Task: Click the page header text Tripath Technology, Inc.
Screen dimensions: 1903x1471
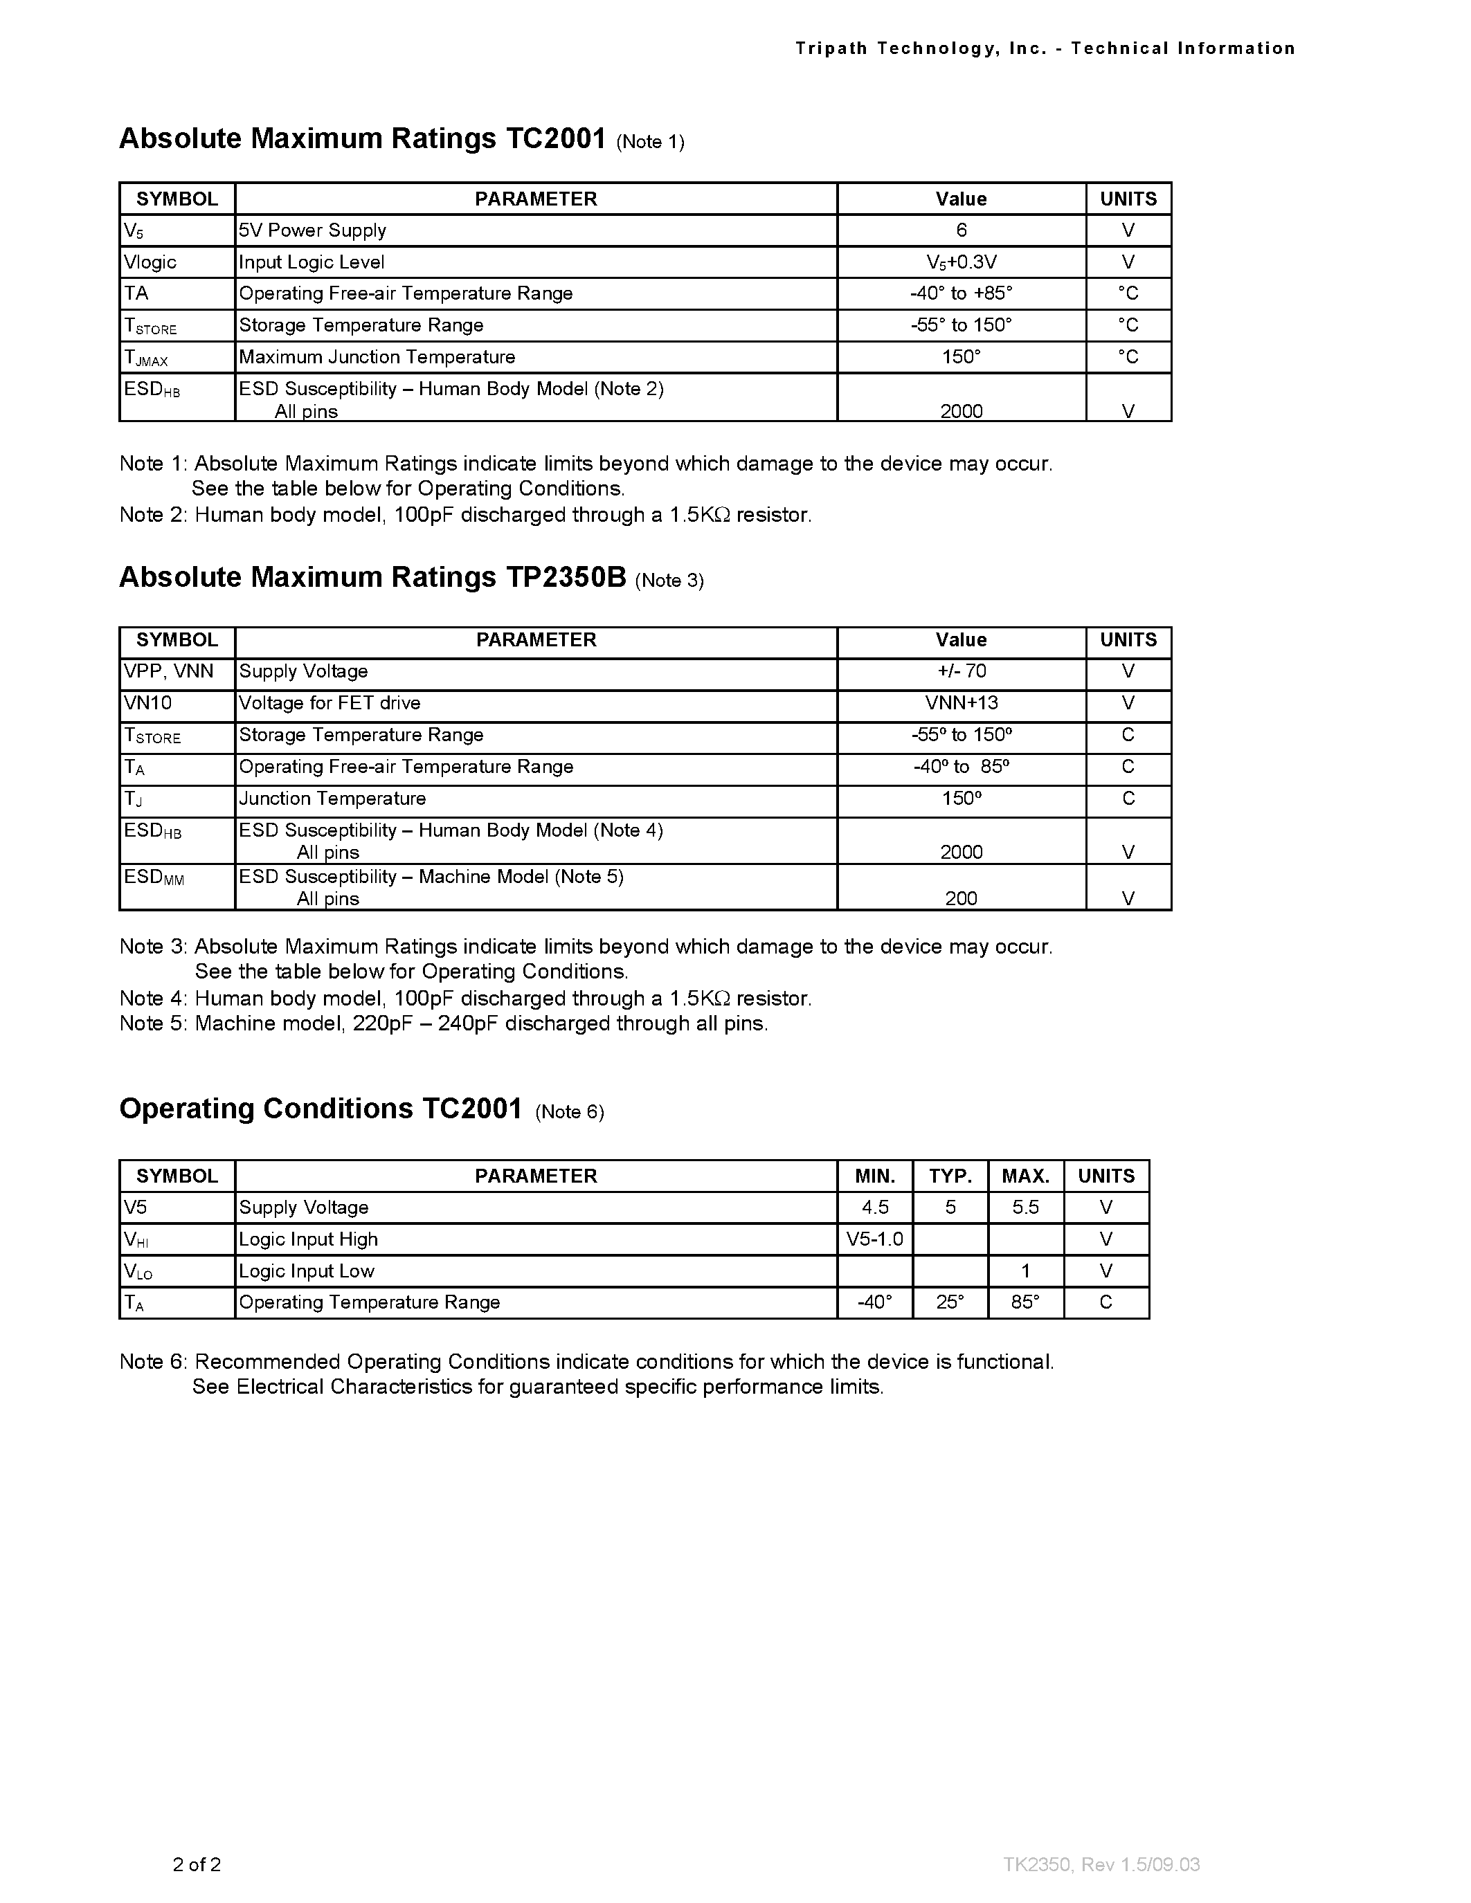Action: click(x=920, y=49)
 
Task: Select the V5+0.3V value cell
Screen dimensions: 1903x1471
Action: click(x=962, y=262)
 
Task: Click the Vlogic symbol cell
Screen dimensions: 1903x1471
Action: click(x=151, y=262)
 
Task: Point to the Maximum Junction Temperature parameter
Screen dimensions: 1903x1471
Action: click(x=377, y=357)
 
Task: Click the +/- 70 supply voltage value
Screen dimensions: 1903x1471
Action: click(x=962, y=671)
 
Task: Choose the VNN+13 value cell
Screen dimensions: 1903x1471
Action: click(x=962, y=703)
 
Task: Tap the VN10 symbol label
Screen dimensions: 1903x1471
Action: click(x=148, y=703)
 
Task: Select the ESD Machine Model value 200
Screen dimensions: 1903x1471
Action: click(x=962, y=898)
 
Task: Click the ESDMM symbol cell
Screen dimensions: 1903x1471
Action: click(x=154, y=877)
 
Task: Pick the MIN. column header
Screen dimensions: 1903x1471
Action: click(x=875, y=1176)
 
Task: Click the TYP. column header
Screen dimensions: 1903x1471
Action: click(x=950, y=1176)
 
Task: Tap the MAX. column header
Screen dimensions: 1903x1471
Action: click(x=1025, y=1176)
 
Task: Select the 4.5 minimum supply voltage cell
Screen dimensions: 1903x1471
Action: click(x=875, y=1208)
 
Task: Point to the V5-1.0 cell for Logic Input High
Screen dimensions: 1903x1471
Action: click(x=875, y=1239)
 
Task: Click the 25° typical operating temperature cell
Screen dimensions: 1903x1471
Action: click(x=950, y=1302)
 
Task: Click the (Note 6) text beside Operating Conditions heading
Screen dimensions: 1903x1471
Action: click(x=569, y=1112)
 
